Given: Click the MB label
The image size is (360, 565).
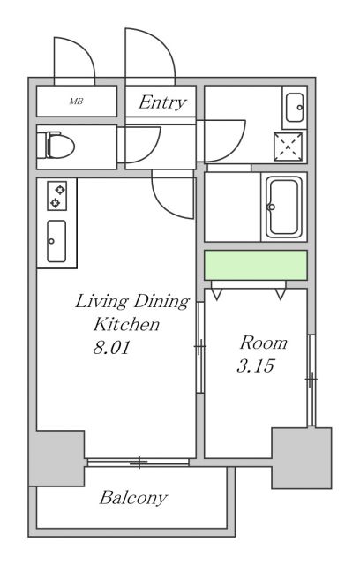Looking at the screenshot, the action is (x=76, y=102).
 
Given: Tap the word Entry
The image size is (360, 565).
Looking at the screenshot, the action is (x=162, y=102).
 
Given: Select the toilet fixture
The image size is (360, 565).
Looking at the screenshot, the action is (x=60, y=145).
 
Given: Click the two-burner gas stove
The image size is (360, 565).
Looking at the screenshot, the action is (x=57, y=196).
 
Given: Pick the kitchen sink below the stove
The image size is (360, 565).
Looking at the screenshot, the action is (x=56, y=241).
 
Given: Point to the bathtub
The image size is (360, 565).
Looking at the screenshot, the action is (x=284, y=207).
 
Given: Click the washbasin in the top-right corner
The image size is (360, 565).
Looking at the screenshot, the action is (x=295, y=108).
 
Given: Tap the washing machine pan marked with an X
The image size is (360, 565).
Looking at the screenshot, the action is (x=288, y=147).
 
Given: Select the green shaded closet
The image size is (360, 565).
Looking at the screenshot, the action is (x=256, y=265).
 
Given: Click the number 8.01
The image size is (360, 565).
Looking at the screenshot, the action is (x=111, y=348).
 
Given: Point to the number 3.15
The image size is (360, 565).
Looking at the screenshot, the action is (x=256, y=366).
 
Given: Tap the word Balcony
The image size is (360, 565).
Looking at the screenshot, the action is (x=133, y=498).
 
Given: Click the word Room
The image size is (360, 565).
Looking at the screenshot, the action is (x=264, y=343).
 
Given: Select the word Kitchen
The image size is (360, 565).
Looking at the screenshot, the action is (x=126, y=324).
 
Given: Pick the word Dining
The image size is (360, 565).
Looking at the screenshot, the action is (x=161, y=302).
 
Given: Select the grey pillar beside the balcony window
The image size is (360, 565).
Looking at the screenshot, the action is (x=56, y=458).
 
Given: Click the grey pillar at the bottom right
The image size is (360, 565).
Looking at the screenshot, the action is (x=301, y=458).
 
